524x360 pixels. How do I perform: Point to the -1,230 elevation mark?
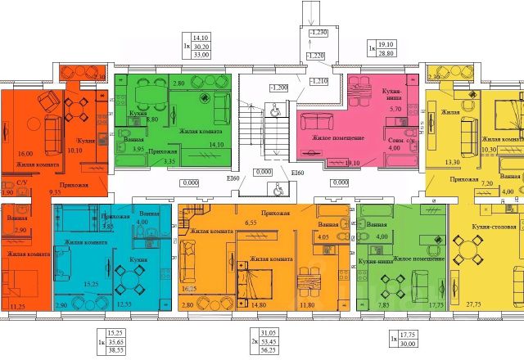(318, 31)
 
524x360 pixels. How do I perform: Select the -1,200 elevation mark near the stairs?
(281, 86)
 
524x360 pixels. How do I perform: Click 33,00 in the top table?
(201, 56)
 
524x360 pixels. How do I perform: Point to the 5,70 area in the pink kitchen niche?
(394, 109)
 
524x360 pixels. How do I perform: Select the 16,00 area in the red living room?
(25, 153)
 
